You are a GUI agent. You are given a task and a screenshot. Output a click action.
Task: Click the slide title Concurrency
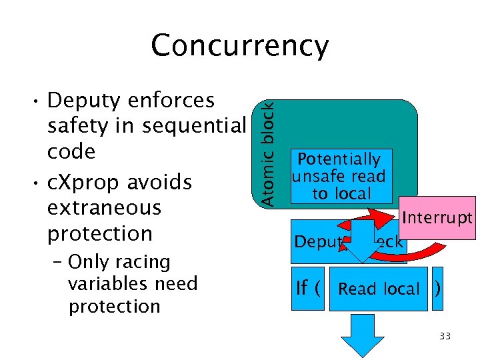(239, 46)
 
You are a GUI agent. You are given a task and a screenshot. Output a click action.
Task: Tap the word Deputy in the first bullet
(85, 101)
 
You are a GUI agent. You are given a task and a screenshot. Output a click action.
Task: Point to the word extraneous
(104, 207)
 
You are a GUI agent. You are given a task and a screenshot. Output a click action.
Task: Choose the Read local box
(379, 289)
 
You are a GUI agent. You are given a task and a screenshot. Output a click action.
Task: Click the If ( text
(309, 289)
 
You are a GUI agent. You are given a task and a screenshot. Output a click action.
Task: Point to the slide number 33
(445, 336)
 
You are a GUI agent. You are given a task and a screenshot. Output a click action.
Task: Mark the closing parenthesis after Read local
(437, 289)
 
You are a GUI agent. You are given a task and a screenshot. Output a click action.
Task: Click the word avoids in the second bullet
(161, 182)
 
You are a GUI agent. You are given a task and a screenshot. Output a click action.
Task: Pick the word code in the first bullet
(71, 152)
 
